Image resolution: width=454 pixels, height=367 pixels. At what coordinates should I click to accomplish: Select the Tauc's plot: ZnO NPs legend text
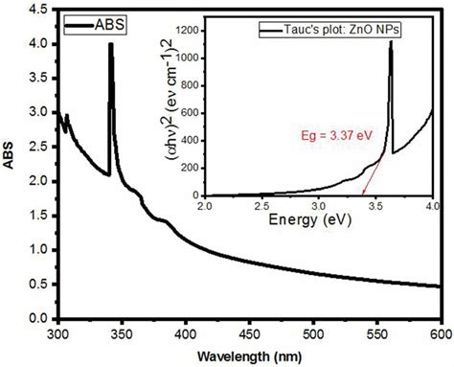pos(329,32)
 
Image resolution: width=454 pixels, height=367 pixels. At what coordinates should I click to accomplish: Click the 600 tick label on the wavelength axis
pos(441,334)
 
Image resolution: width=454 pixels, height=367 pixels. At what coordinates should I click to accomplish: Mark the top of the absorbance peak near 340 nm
pos(110,44)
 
